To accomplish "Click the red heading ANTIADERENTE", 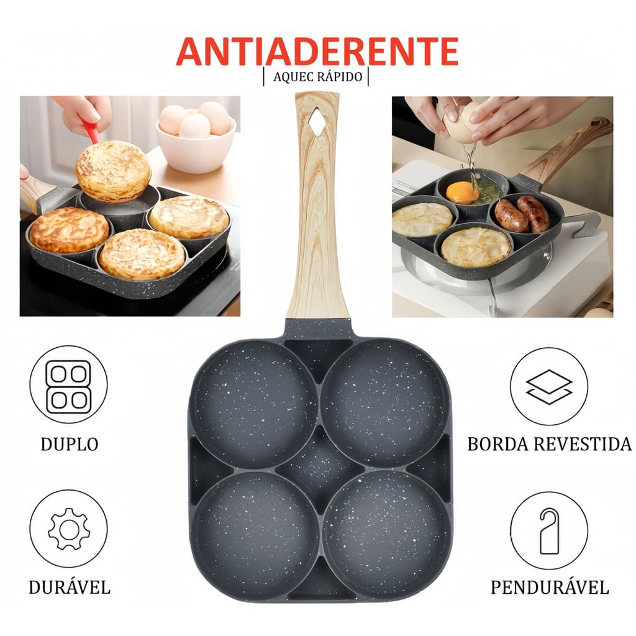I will coord(317,52).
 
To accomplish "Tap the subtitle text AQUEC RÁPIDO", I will coord(316,76).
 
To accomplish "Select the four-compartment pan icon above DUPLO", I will coord(68,384).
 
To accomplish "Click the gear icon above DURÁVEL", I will coord(68,529).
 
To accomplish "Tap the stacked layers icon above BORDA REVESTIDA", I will coord(549,386).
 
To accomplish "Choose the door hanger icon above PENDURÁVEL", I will coord(549,530).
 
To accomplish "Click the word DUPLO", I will coord(69,444).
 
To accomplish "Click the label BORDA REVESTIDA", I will coord(549,444).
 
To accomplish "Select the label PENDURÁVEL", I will coord(549,587).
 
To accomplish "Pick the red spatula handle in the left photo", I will coord(91,129).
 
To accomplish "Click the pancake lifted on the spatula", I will coord(113,171).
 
